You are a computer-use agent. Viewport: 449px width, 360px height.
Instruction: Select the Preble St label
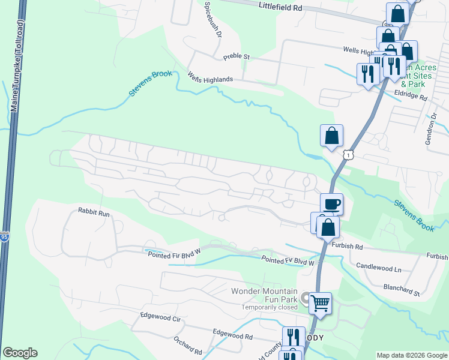click(236, 57)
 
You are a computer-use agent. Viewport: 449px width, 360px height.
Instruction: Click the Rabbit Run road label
click(94, 212)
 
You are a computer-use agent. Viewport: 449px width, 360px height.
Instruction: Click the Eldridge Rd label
click(411, 96)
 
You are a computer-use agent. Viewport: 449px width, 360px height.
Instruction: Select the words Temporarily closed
click(270, 307)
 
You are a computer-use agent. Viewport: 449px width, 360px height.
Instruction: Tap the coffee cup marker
click(331, 204)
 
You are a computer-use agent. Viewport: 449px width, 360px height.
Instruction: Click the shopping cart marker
click(320, 303)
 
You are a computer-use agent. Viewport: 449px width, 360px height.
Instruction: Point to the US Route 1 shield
click(348, 155)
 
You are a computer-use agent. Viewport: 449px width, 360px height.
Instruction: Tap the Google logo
click(20, 353)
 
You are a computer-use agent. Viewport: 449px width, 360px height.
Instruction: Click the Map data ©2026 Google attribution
click(412, 355)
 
